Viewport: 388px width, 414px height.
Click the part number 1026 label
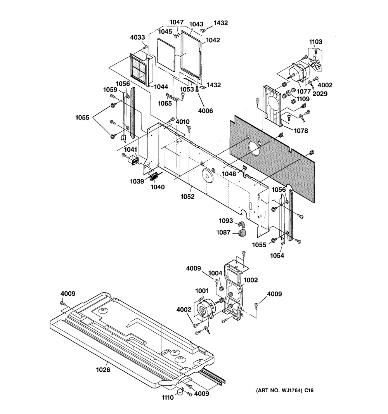[103, 370]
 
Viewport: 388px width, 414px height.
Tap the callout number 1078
[301, 131]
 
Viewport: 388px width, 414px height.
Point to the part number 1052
[187, 196]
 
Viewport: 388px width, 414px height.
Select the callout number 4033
[137, 38]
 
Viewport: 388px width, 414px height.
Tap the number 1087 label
[223, 232]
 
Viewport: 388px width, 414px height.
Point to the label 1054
[277, 255]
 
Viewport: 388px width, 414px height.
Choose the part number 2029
[320, 94]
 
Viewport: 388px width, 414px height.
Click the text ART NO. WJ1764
[279, 390]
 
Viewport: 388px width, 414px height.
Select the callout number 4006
[205, 111]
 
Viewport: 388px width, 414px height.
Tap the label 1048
[229, 173]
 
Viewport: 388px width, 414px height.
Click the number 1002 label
[250, 280]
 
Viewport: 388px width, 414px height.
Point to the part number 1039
[137, 181]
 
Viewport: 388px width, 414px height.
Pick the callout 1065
[165, 103]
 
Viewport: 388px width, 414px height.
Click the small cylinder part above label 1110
[180, 391]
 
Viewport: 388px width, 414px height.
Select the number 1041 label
[130, 150]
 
